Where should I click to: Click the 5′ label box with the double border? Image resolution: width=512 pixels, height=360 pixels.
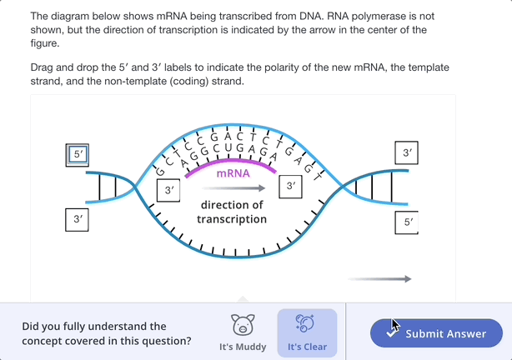click(78, 155)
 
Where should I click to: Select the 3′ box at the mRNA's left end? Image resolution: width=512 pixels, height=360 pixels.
click(168, 191)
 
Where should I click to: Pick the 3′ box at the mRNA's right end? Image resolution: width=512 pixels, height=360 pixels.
click(290, 187)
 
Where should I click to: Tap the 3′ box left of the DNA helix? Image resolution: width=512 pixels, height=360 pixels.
click(78, 220)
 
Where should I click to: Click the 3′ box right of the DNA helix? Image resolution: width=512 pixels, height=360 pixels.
click(406, 154)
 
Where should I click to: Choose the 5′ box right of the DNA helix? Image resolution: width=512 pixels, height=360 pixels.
click(407, 223)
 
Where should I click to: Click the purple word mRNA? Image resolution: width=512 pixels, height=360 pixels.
click(233, 174)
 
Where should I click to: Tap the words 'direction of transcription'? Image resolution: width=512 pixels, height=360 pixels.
click(232, 212)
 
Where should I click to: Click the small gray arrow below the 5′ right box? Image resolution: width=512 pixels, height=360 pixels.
click(379, 279)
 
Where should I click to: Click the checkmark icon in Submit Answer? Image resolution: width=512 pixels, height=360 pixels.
click(391, 333)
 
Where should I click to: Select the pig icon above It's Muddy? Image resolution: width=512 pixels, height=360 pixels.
click(243, 323)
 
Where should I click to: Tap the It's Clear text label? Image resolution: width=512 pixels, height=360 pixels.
click(307, 347)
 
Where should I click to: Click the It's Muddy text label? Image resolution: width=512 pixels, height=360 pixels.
click(243, 347)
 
